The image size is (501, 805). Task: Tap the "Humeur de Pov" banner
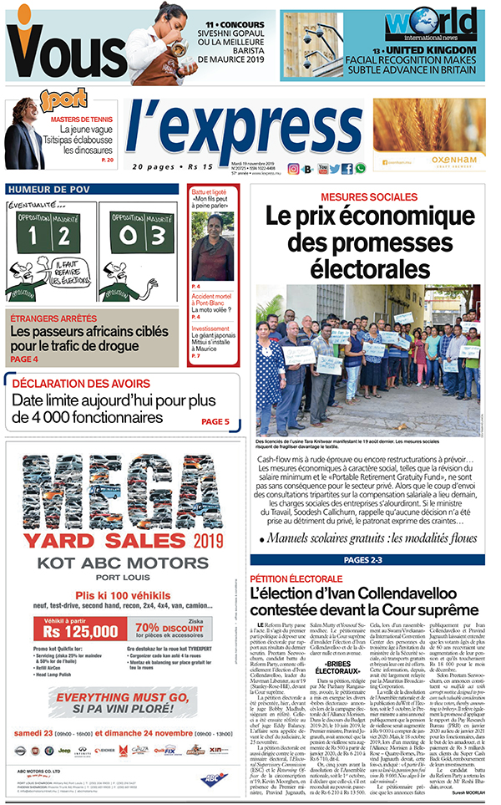coord(58,190)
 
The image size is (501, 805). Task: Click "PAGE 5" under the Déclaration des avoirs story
coord(215,421)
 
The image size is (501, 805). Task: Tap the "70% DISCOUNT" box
coord(171,628)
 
